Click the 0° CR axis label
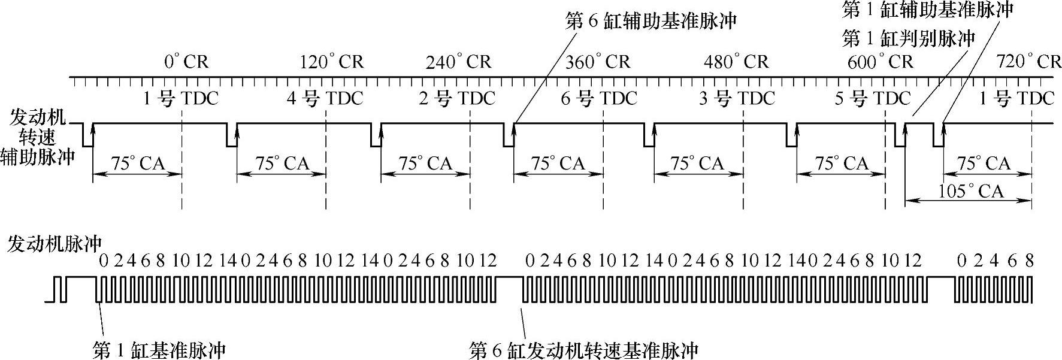pyautogui.click(x=186, y=62)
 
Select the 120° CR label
pyautogui.click(x=331, y=62)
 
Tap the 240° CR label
pyautogui.click(x=458, y=62)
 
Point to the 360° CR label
pyautogui.click(x=598, y=62)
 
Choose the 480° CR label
pyautogui.click(x=736, y=62)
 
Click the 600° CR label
pyautogui.click(x=881, y=62)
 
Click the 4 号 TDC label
pyautogui.click(x=325, y=98)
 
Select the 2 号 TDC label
pyautogui.click(x=457, y=98)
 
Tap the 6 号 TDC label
pyautogui.click(x=599, y=98)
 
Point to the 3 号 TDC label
pyautogui.click(x=737, y=98)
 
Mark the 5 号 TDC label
pyautogui.click(x=873, y=98)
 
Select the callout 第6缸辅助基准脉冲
pyautogui.click(x=651, y=21)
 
